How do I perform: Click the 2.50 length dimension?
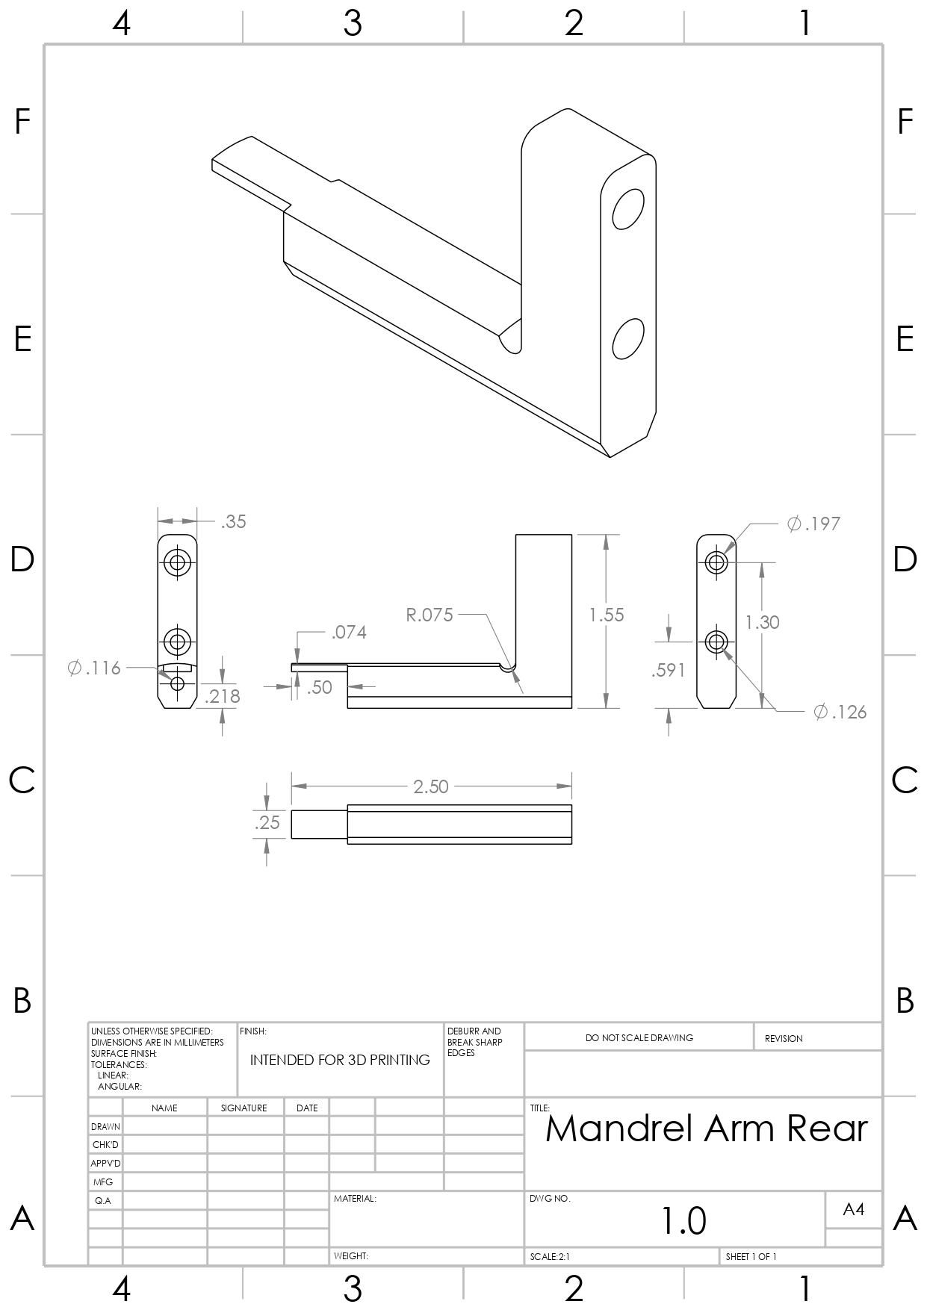(431, 786)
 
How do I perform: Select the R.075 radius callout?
(430, 615)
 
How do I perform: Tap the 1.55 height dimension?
(607, 615)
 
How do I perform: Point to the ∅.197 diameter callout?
(813, 524)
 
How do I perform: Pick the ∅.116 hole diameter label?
(94, 668)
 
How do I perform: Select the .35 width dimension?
(233, 522)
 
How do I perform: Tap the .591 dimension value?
(668, 671)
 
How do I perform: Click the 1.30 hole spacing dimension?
(763, 623)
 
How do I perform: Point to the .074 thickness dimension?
(349, 633)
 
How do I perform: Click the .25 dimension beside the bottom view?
(267, 823)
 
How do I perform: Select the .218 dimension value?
(223, 697)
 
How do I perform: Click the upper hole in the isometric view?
(628, 209)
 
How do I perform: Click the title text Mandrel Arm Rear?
(706, 1129)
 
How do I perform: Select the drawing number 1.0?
(683, 1220)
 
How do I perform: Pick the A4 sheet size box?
(853, 1209)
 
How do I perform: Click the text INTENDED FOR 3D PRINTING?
(340, 1061)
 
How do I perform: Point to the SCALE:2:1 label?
(550, 1257)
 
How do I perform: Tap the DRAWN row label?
(105, 1126)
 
